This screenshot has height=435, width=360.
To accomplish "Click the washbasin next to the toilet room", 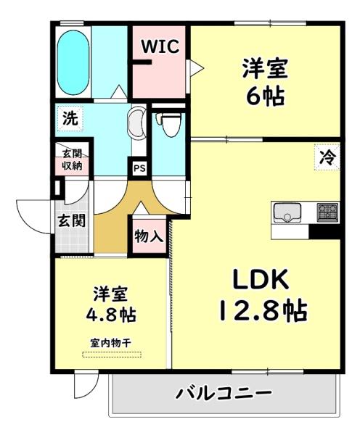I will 136,123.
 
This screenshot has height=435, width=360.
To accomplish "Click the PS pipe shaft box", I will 139,167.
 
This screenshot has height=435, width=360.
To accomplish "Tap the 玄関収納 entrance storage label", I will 71,159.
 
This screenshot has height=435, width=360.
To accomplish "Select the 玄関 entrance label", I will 71,220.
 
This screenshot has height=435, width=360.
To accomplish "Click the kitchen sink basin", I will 287,212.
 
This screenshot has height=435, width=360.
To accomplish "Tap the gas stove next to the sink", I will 327,212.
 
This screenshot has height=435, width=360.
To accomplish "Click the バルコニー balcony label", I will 224,395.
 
